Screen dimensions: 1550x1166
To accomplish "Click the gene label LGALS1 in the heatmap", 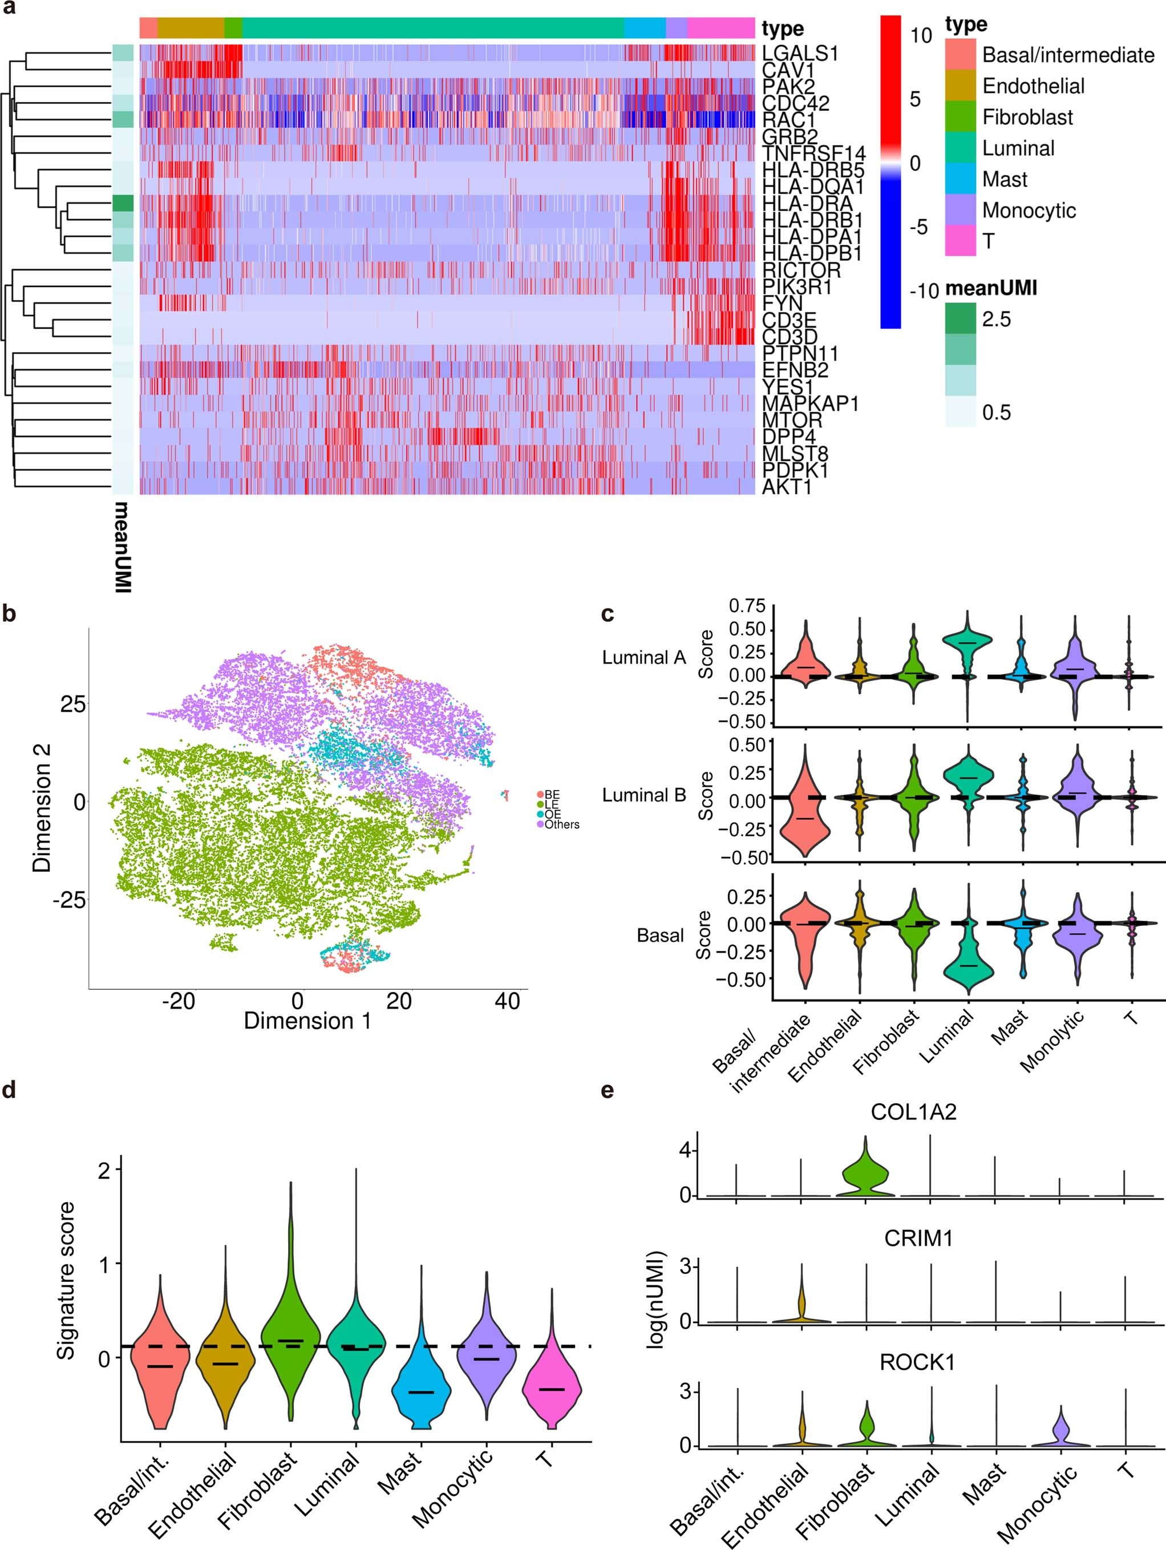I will tap(800, 53).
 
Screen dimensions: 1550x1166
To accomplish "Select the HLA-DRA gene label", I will tap(807, 203).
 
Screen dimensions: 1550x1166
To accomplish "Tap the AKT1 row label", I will tap(786, 486).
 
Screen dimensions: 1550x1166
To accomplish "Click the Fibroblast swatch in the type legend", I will tap(960, 117).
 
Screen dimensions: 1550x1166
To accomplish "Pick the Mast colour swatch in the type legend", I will tap(960, 179).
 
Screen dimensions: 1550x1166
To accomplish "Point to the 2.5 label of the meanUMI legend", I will tap(996, 319).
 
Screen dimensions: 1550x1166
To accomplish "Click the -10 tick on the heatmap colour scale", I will tap(924, 291).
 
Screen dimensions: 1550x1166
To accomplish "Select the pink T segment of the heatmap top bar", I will tap(720, 28).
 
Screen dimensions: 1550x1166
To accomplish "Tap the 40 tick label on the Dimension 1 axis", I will tap(507, 1001).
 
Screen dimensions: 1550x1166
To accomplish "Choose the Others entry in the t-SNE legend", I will tap(561, 825).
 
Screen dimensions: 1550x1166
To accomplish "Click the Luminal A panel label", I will tap(643, 657).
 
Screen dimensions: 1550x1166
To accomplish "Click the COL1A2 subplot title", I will tap(913, 1112).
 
